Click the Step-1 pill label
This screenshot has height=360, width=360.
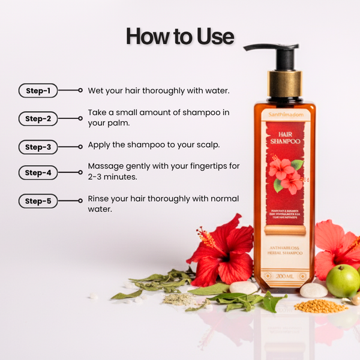(38, 91)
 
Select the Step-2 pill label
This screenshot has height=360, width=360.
(38, 119)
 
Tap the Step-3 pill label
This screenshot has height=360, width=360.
(38, 146)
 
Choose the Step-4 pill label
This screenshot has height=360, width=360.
(38, 173)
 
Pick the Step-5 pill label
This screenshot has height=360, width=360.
(38, 201)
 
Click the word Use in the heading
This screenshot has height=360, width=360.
(214, 37)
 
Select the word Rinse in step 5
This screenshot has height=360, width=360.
(100, 199)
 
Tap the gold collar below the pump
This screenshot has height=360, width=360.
(284, 84)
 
